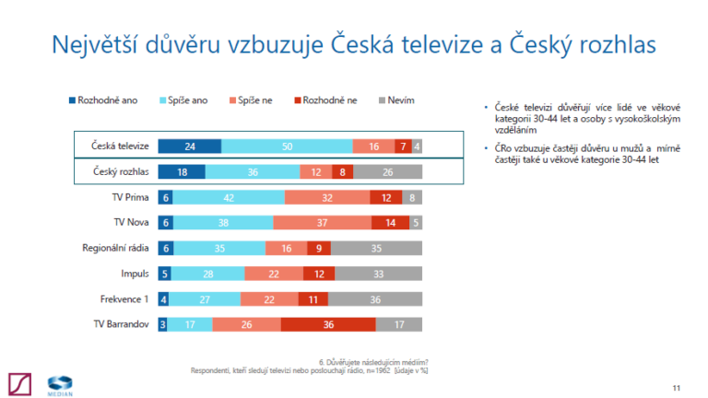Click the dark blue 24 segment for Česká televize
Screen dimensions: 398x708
pyautogui.click(x=189, y=146)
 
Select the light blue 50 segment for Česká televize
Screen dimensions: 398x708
pyautogui.click(x=287, y=146)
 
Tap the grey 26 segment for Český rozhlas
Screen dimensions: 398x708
pyautogui.click(x=387, y=171)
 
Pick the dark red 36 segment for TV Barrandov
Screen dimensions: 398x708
pyautogui.click(x=328, y=324)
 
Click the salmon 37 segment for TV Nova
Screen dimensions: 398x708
pyautogui.click(x=322, y=222)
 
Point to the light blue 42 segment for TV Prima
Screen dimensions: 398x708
pyautogui.click(x=229, y=197)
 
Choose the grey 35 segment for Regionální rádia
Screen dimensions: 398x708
pyautogui.click(x=376, y=248)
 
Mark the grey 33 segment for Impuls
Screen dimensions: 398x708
pyautogui.click(x=379, y=274)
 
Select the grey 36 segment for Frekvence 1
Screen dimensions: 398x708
pyautogui.click(x=374, y=298)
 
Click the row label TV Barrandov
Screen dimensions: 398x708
pyautogui.click(x=121, y=324)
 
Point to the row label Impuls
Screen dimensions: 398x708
pyautogui.click(x=135, y=274)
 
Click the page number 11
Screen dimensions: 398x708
pyautogui.click(x=677, y=387)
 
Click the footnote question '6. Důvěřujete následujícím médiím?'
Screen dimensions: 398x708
pyautogui.click(x=373, y=360)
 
